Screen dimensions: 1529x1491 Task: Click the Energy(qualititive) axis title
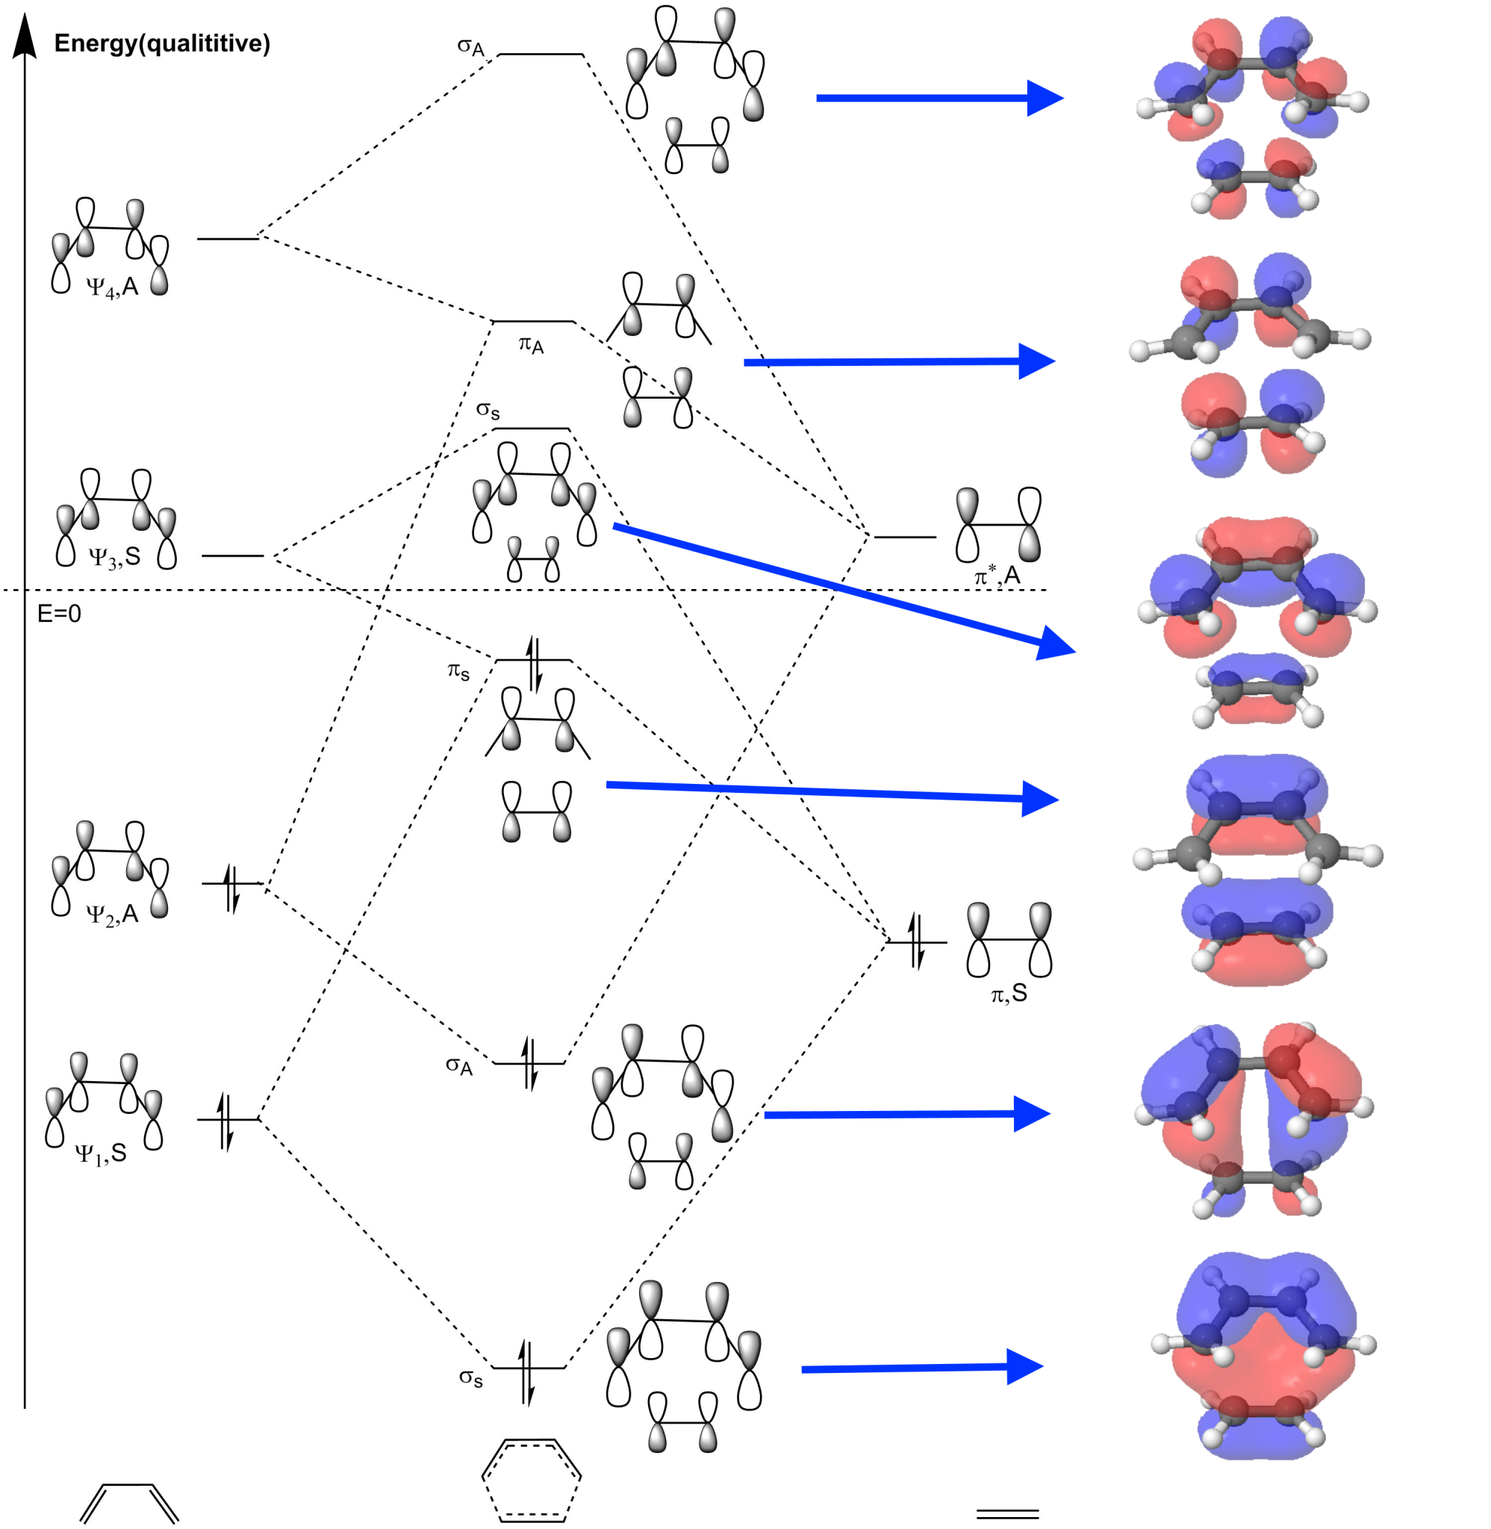tap(161, 44)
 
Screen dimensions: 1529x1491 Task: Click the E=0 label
tap(59, 614)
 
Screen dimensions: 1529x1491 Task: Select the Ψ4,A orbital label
tap(112, 287)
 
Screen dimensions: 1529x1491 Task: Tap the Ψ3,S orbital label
tap(114, 558)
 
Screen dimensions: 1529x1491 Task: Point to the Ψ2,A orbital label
tap(112, 914)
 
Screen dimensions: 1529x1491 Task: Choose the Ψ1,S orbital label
tap(100, 1153)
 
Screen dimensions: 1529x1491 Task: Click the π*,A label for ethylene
tap(997, 576)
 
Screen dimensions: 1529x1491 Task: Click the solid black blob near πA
tap(467, 335)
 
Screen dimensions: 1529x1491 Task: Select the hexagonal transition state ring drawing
tap(532, 1480)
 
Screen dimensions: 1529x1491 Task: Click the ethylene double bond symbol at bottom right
tap(1008, 1514)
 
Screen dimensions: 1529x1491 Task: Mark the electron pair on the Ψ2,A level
tap(231, 888)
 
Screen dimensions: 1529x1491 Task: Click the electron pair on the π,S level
tap(917, 941)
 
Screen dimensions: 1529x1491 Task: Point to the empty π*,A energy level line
tap(904, 538)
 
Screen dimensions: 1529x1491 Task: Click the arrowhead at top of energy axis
tap(25, 35)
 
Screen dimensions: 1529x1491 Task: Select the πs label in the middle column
tap(459, 671)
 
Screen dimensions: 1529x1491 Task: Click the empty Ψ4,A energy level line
tap(227, 238)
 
